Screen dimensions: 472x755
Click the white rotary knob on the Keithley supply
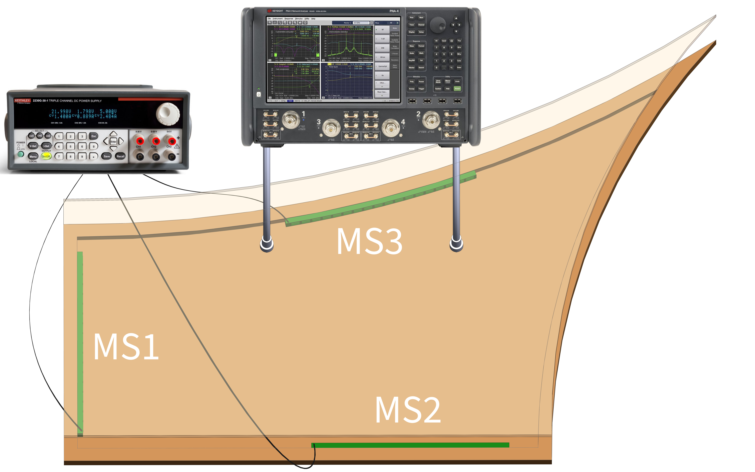click(x=168, y=113)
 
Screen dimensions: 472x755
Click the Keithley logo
click(x=22, y=101)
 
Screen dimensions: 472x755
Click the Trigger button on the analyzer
click(x=421, y=89)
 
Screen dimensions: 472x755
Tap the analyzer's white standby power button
click(x=259, y=94)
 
